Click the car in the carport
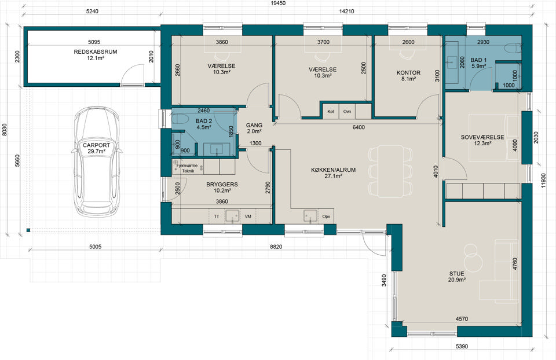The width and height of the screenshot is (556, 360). (x=97, y=161)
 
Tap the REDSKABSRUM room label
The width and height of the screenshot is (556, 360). (x=96, y=52)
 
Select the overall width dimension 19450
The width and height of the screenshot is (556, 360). (x=277, y=3)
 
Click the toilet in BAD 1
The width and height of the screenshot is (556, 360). (x=514, y=48)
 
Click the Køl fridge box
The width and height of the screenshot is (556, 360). (x=331, y=111)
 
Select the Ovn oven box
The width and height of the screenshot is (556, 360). (x=347, y=111)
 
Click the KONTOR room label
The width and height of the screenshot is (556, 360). (x=408, y=73)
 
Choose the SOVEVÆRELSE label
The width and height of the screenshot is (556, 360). (x=482, y=137)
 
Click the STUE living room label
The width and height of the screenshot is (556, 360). (x=457, y=274)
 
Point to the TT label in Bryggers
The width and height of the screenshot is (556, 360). (x=217, y=216)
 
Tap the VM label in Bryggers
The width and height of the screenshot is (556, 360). (x=248, y=216)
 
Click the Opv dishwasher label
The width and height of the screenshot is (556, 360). (x=326, y=216)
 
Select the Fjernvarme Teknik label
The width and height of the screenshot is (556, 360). (x=186, y=168)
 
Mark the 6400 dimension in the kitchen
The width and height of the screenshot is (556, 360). (x=359, y=127)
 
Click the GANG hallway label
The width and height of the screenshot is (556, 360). (x=254, y=125)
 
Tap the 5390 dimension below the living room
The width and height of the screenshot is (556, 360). (x=462, y=346)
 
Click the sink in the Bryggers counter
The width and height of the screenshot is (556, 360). (x=233, y=216)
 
